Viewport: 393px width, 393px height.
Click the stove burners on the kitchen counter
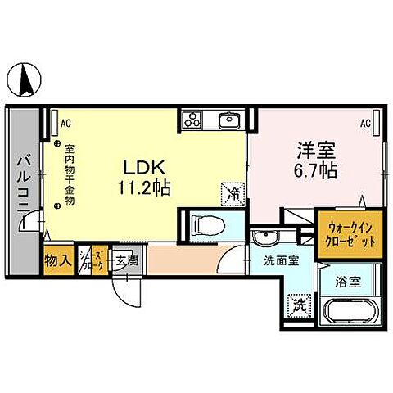[x=192, y=120]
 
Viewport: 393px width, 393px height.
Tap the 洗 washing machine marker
[x=300, y=305]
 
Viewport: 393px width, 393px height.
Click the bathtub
[x=347, y=314]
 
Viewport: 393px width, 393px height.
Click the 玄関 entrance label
[x=126, y=261]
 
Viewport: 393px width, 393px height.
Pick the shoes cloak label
[x=96, y=261]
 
